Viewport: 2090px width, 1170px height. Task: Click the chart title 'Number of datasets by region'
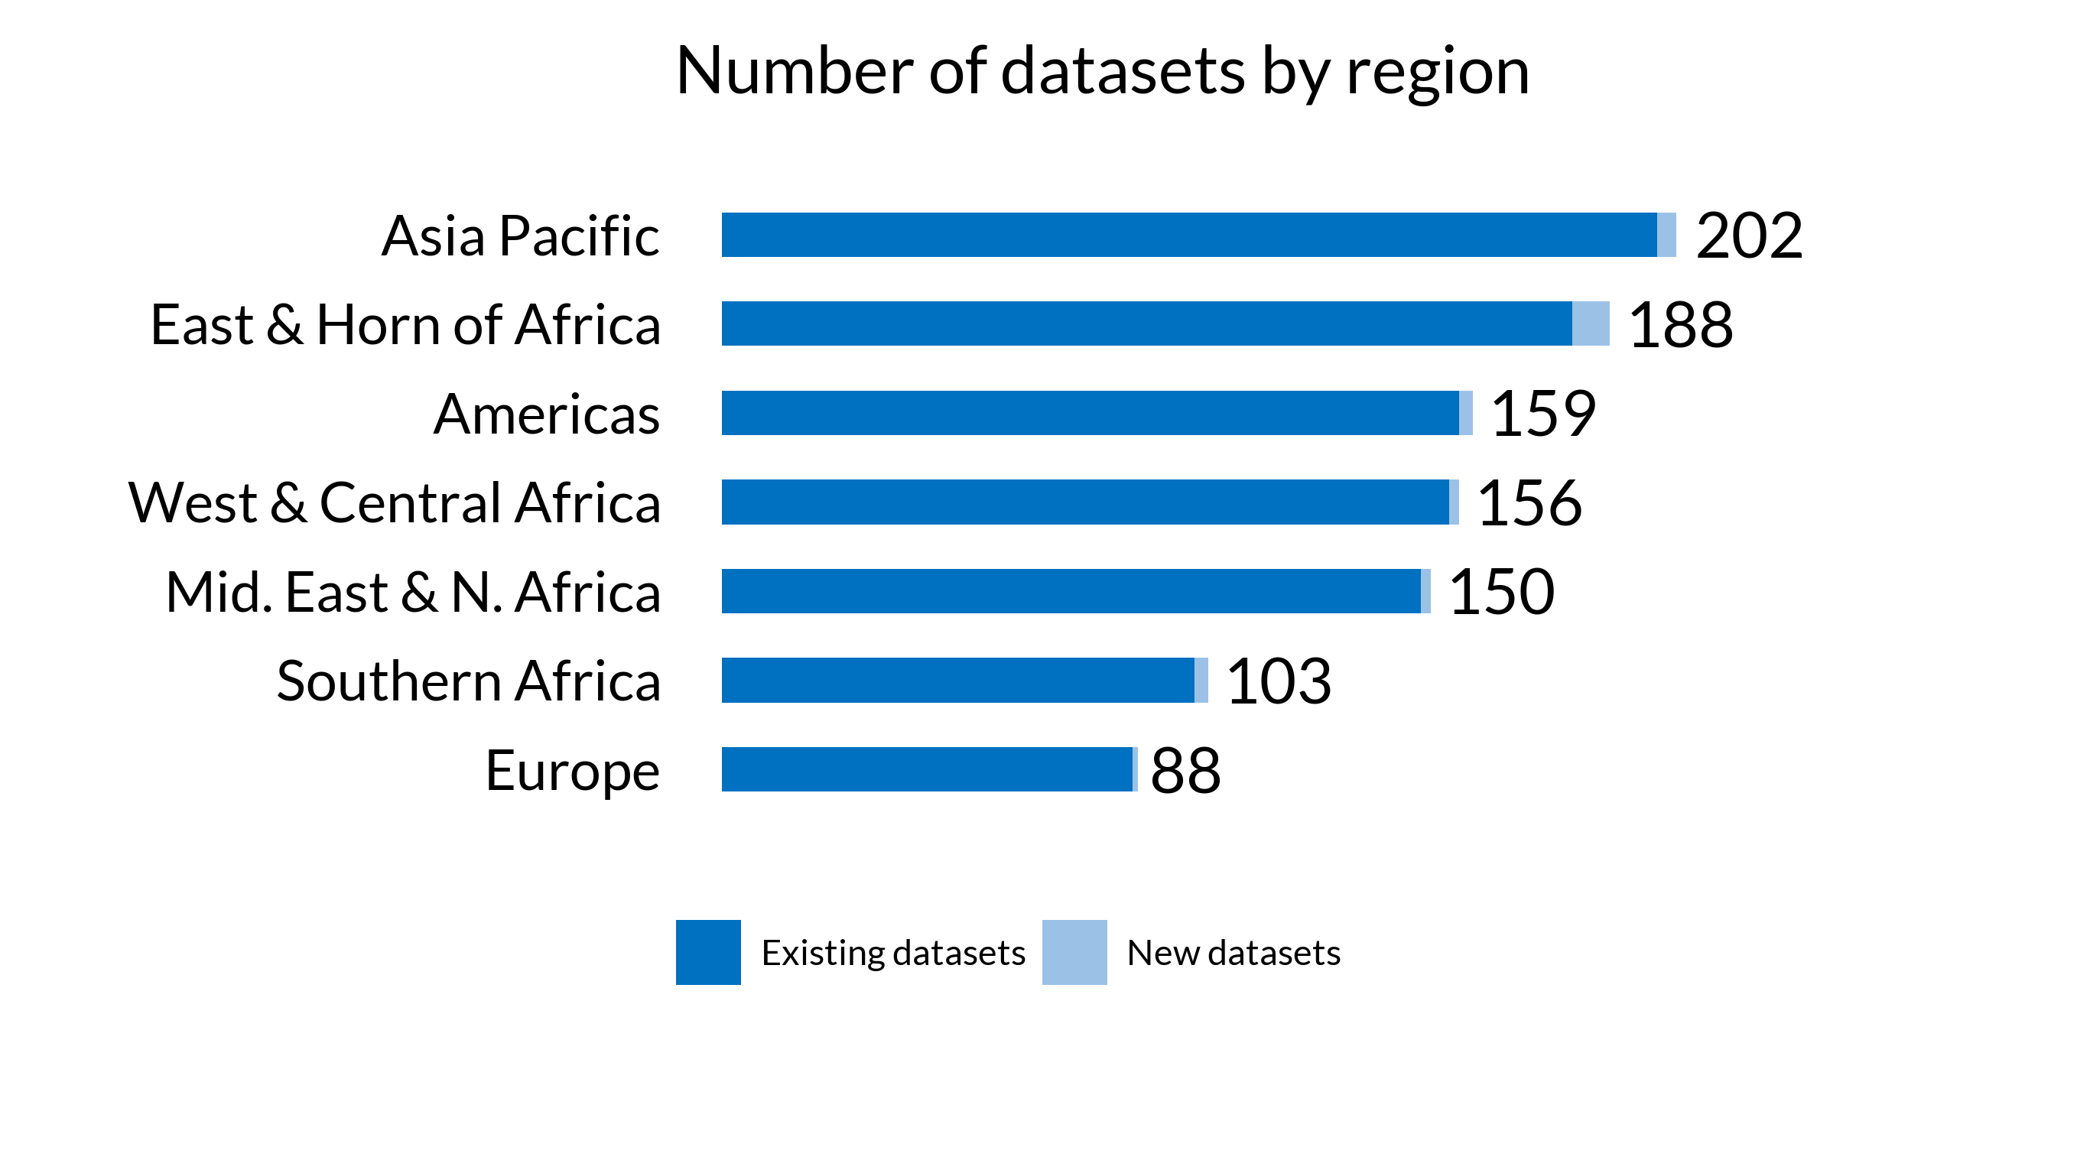1102,71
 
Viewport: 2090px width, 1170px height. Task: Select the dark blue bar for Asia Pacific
1188,235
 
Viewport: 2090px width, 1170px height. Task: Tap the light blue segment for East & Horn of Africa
1590,323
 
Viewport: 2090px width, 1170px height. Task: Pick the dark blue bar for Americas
1090,413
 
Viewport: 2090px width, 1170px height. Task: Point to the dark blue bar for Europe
927,769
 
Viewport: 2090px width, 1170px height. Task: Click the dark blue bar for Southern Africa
957,680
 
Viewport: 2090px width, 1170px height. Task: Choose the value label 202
1748,236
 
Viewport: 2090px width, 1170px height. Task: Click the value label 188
1680,324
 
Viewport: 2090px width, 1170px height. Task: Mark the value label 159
1542,414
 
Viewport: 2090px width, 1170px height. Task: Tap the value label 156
1529,503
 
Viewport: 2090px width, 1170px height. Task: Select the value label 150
1501,591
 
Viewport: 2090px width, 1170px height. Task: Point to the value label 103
1278,681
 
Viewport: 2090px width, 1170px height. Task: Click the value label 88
1185,770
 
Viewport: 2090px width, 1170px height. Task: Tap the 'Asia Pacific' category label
520,236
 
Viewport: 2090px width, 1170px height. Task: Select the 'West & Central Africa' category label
395,502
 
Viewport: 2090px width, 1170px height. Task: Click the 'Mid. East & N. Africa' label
413,591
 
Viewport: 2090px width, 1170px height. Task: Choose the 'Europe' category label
572,770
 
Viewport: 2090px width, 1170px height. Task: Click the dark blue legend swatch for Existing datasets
707,952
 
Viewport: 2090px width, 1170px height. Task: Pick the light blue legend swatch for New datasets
1074,952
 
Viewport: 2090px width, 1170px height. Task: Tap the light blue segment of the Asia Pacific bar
1666,235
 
